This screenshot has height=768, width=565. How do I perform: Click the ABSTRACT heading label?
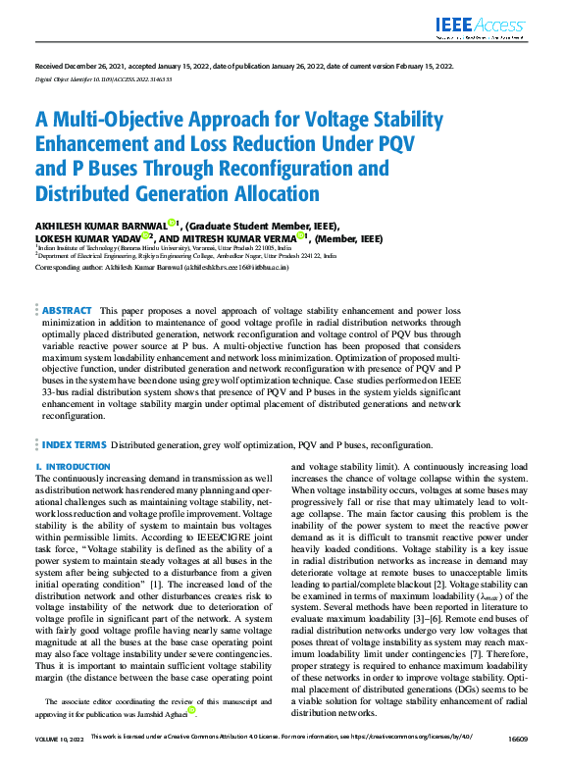click(x=68, y=310)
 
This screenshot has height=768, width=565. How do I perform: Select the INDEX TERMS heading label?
click(x=74, y=444)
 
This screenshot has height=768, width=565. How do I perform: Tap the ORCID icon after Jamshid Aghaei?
click(x=192, y=709)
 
